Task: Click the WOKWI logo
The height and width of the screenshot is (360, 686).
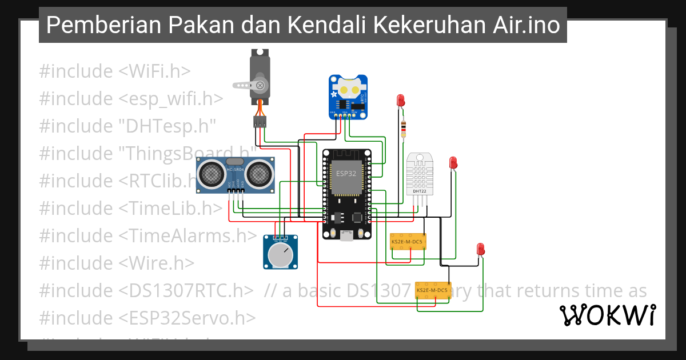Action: pos(607,315)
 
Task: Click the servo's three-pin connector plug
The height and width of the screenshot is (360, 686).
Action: pos(260,121)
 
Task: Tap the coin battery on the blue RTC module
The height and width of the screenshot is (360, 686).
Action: pos(349,89)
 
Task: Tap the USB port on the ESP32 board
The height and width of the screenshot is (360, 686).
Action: pos(346,235)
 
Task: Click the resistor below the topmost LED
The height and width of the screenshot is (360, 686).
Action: pos(404,129)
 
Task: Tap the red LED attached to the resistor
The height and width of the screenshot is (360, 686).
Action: pos(401,101)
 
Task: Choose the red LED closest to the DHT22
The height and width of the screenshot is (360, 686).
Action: pos(453,162)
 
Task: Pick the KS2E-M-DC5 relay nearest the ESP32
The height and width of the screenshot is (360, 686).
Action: pos(407,242)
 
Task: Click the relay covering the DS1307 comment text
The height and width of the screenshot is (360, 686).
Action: pos(432,291)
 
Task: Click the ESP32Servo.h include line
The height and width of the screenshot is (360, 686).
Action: pos(147,318)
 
